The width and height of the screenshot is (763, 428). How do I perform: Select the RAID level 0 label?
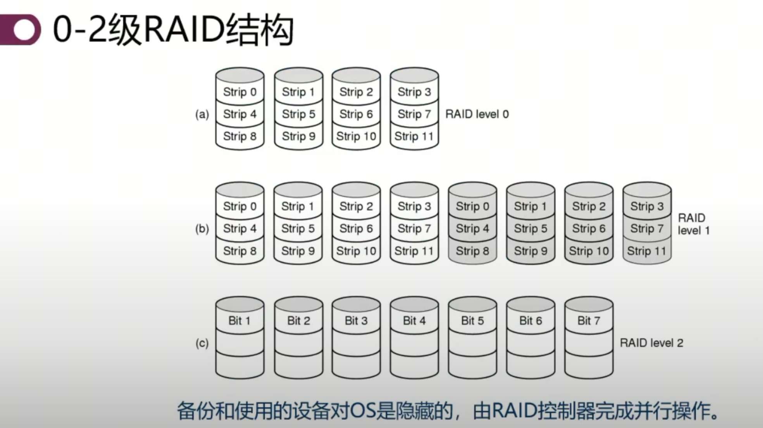pos(477,114)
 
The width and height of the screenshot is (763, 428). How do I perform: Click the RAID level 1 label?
pos(693,224)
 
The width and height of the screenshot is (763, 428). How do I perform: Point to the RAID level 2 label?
pos(651,343)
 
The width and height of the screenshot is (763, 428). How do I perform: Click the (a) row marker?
pos(202,115)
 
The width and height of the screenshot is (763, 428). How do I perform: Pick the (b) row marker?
pos(202,229)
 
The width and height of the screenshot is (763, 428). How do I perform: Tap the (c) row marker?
pos(202,343)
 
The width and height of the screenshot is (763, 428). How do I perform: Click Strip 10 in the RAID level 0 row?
pos(356,136)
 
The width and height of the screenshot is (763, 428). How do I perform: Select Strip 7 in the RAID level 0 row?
pos(414,114)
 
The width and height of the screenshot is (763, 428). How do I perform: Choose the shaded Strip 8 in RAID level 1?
pos(472,251)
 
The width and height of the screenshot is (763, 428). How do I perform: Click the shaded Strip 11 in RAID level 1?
pos(646,251)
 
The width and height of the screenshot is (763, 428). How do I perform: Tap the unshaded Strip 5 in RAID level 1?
pos(298,228)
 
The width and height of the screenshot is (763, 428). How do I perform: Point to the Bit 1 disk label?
pos(239,320)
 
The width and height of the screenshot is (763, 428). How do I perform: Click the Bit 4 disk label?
pos(414,320)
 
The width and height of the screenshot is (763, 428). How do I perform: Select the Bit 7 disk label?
pos(588,320)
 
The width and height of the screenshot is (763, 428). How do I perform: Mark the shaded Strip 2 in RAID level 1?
pos(588,206)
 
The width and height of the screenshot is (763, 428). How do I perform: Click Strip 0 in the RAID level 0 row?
pos(239,92)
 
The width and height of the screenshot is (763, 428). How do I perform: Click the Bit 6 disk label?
pos(530,320)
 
